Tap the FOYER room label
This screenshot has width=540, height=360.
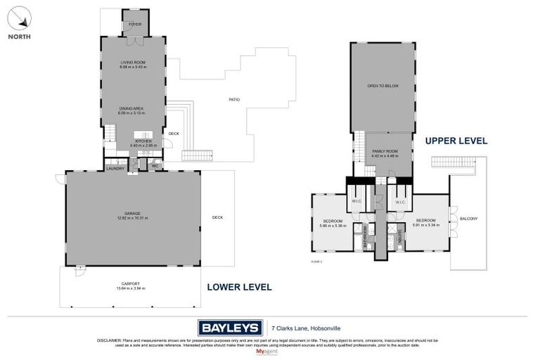coord(134,24)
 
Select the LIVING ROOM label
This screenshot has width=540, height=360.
coord(133,63)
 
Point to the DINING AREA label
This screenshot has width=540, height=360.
coord(131,108)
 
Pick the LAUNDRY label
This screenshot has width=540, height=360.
coord(115,168)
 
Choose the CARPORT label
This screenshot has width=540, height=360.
coord(129,283)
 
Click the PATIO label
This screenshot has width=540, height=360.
coord(234,99)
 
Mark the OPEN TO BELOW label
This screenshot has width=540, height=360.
coord(382,86)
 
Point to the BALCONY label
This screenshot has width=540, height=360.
coord(468,219)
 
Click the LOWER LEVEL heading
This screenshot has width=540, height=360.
coord(239,287)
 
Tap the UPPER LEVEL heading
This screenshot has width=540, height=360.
coord(456,141)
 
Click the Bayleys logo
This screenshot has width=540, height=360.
coord(229,327)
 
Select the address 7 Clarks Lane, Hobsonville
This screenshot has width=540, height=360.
coord(304,327)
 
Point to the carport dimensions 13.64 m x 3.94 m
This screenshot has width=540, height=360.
coord(129,288)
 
